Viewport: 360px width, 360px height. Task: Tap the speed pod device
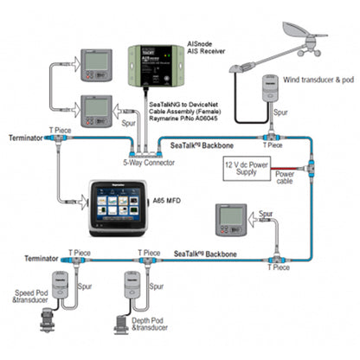pos(61,285)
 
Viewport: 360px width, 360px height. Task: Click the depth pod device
pos(132,286)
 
